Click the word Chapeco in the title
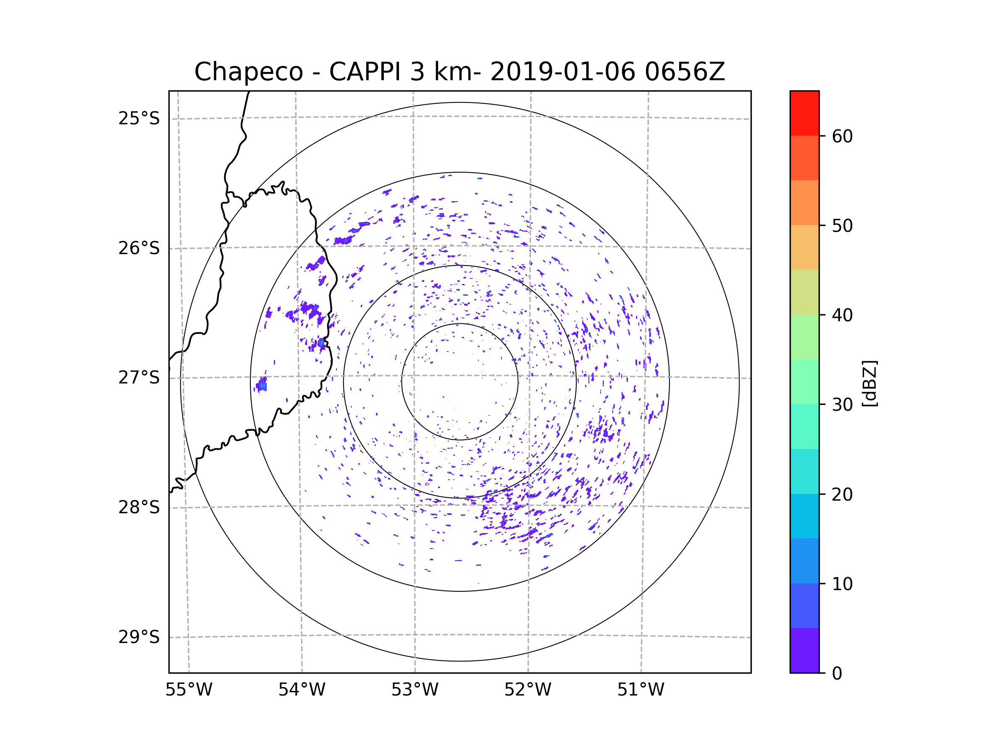[x=248, y=72]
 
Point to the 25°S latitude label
[x=139, y=118]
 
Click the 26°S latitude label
[x=139, y=248]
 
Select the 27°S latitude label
[x=139, y=378]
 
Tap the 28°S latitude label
[x=139, y=507]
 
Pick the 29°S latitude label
[x=139, y=637]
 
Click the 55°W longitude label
[x=189, y=690]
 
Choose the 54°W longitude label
[x=302, y=690]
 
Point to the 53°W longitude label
[x=415, y=690]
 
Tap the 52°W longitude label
[x=528, y=690]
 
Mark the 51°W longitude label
[x=640, y=690]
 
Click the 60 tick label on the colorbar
[x=842, y=136]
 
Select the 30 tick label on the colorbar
[x=842, y=404]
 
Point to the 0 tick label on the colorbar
[x=837, y=674]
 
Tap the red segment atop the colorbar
[x=804, y=113]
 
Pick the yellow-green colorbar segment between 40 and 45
[x=804, y=292]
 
